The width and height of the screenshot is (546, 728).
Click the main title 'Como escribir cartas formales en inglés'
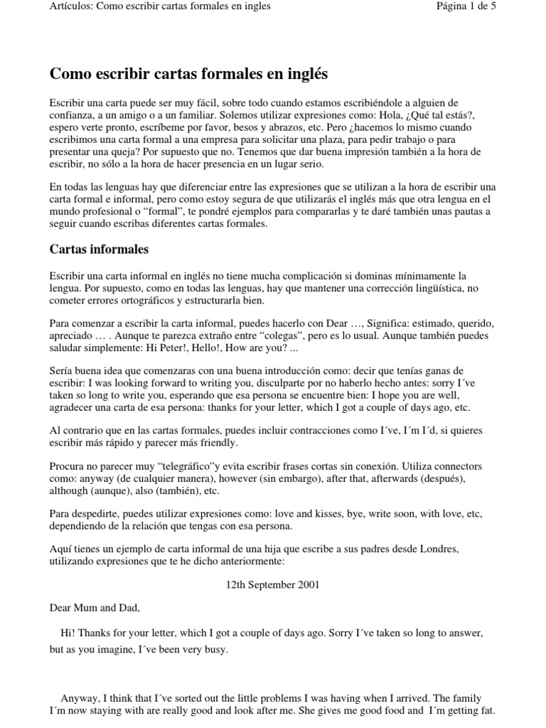[x=188, y=73]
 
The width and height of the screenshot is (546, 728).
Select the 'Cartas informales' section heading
[x=99, y=250]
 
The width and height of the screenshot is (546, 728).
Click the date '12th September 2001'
[x=273, y=585]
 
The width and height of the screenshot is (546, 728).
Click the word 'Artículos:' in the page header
[x=72, y=6]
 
